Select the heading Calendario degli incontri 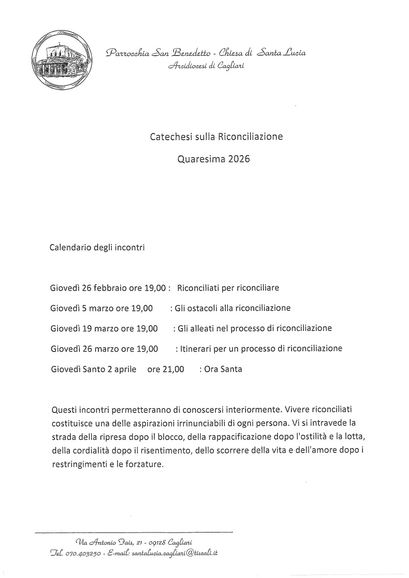point(97,247)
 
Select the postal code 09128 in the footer point(157,541)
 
